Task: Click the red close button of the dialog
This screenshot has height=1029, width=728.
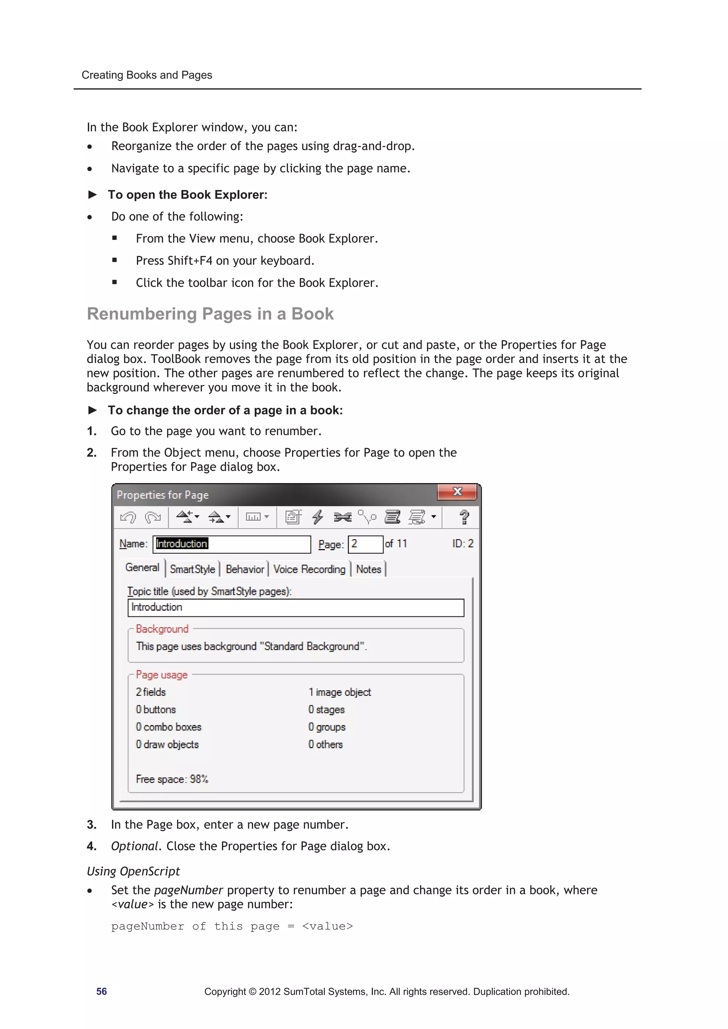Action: [457, 492]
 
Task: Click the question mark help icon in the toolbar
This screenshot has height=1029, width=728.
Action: [464, 517]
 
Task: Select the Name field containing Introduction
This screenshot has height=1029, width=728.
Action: [231, 544]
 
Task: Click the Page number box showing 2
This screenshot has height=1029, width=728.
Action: [365, 544]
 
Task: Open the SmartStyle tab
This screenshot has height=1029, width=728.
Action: [192, 569]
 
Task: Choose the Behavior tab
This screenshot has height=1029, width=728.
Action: [245, 569]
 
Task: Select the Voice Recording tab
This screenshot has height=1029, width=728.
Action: [309, 569]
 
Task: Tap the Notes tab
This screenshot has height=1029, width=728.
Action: [368, 569]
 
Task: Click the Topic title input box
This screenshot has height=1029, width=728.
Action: [296, 607]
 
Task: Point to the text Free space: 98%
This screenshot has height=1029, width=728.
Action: [172, 779]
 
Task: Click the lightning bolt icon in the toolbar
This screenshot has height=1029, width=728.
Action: [317, 517]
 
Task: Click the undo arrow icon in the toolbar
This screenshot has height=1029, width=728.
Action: [128, 517]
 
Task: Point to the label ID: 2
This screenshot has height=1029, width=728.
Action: [462, 544]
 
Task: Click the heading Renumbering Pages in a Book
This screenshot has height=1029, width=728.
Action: [210, 314]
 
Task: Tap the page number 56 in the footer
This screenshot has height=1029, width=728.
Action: [101, 991]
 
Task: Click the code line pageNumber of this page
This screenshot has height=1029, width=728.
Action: [232, 926]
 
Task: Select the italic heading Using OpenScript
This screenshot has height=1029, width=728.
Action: [133, 871]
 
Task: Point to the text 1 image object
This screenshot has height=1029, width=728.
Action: [339, 692]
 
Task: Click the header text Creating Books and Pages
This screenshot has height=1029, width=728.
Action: [147, 75]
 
